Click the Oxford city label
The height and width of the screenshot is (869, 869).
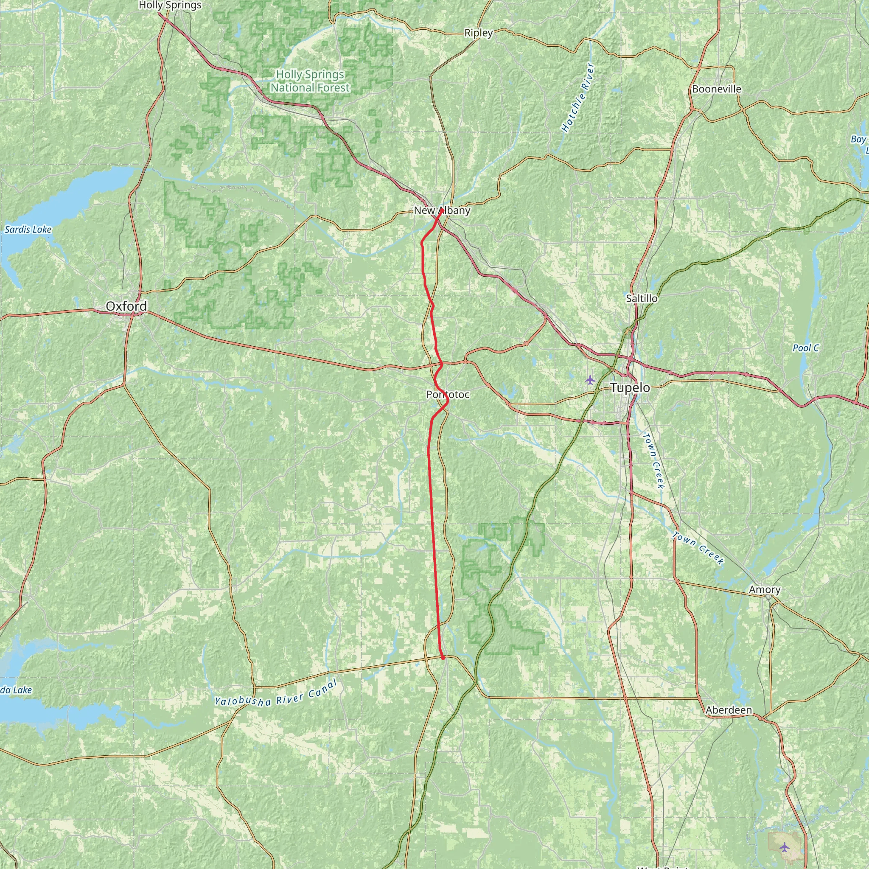click(126, 306)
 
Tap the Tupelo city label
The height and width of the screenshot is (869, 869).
click(630, 388)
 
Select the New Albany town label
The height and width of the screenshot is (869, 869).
click(442, 210)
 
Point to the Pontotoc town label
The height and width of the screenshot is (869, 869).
click(448, 395)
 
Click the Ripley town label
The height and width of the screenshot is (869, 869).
click(478, 33)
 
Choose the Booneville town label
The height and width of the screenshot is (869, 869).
click(717, 89)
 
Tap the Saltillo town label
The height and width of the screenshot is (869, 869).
click(642, 298)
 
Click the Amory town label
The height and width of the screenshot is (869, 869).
click(765, 589)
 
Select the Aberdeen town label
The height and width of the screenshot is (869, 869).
click(729, 710)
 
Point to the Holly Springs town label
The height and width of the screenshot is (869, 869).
click(170, 6)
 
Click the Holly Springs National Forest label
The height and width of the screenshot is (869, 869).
click(310, 81)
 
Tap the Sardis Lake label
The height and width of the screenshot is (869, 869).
click(28, 230)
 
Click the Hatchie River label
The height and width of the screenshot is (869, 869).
click(578, 98)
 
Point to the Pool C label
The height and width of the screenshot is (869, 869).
click(806, 348)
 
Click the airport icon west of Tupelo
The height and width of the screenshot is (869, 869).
click(590, 380)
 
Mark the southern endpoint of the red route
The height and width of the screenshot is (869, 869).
click(443, 658)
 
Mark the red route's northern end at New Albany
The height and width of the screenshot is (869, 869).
click(442, 210)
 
